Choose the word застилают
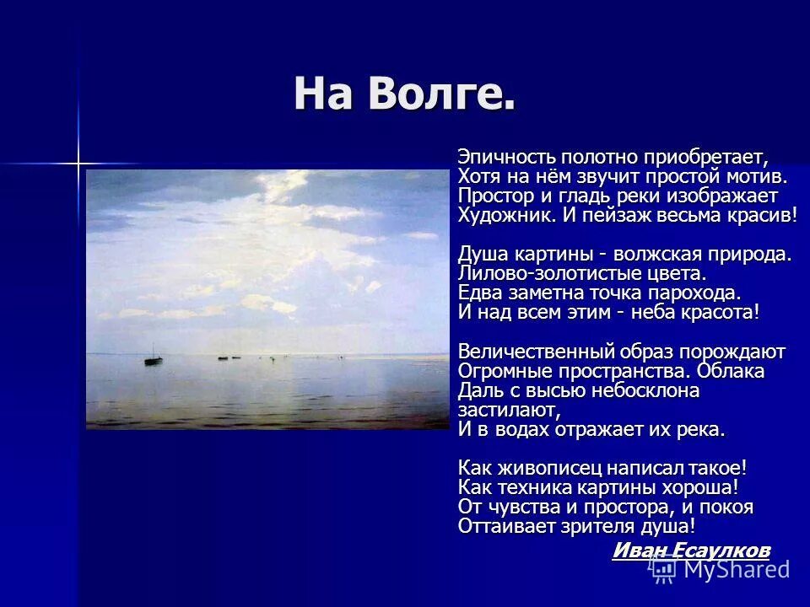507,410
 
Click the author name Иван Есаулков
690,551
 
